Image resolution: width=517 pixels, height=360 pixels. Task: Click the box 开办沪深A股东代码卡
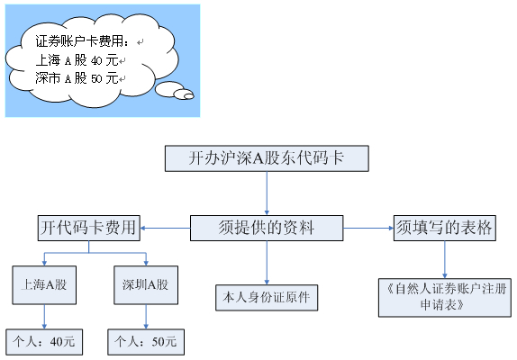click(268, 158)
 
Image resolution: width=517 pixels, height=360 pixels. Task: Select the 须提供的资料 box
click(267, 229)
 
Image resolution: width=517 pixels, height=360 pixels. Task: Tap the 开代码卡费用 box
click(88, 229)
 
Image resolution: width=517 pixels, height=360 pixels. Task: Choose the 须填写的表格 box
click(444, 229)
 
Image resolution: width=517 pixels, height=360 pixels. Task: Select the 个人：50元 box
click(146, 342)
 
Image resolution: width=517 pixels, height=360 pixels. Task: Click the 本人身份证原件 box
click(268, 296)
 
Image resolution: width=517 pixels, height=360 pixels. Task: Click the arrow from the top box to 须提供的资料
click(268, 193)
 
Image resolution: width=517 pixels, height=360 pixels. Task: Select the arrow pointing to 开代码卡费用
click(165, 229)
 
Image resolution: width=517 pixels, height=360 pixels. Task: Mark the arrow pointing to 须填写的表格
click(368, 229)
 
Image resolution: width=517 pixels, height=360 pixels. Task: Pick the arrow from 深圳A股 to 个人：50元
click(146, 317)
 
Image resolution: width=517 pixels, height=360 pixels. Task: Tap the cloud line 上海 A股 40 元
click(77, 60)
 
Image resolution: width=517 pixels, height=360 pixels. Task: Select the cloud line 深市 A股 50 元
click(77, 78)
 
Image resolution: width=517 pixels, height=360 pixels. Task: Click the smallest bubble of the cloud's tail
click(185, 94)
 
